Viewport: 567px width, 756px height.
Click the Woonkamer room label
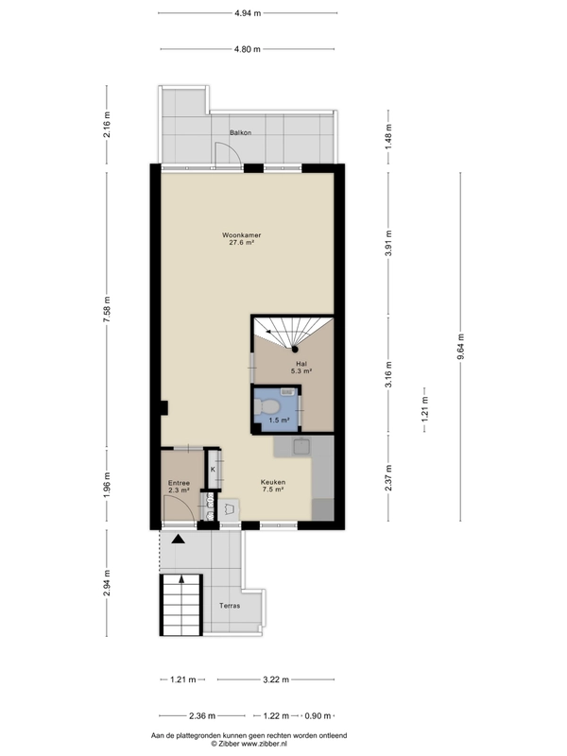pyautogui.click(x=242, y=235)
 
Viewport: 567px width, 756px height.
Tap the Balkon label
pyautogui.click(x=240, y=132)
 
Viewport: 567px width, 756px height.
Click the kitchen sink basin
pyautogui.click(x=302, y=447)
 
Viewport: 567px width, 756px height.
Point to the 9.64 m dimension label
pyautogui.click(x=461, y=347)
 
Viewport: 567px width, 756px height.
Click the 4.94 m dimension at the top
pyautogui.click(x=248, y=13)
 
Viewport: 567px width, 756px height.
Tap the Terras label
pyautogui.click(x=230, y=606)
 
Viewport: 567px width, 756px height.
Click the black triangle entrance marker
pyautogui.click(x=179, y=539)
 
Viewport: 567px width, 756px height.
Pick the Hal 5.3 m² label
pyautogui.click(x=301, y=368)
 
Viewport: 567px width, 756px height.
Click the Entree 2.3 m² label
pyautogui.click(x=179, y=486)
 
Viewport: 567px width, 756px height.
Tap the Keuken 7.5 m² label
pyautogui.click(x=273, y=485)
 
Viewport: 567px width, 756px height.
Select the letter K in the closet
pyautogui.click(x=213, y=469)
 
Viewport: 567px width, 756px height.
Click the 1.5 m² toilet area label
pyautogui.click(x=279, y=420)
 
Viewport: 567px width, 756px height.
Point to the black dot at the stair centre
pyautogui.click(x=295, y=349)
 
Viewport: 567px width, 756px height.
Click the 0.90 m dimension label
pyautogui.click(x=318, y=715)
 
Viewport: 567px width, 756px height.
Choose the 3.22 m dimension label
pyautogui.click(x=276, y=679)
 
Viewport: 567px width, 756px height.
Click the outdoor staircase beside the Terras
pyautogui.click(x=180, y=605)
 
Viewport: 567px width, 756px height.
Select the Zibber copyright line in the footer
pyautogui.click(x=249, y=744)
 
